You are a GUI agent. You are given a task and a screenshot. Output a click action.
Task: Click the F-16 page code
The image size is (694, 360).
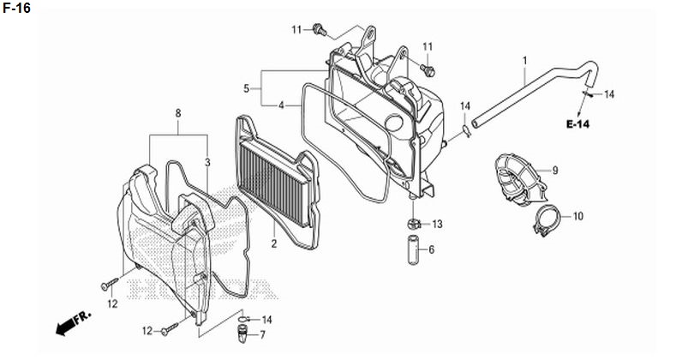16,8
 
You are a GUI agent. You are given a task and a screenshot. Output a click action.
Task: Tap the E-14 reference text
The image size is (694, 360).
577,124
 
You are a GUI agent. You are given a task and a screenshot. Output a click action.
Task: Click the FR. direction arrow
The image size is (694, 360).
73,322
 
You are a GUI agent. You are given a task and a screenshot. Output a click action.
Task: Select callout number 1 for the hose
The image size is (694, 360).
525,61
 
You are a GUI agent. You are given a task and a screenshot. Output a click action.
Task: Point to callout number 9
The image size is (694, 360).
555,171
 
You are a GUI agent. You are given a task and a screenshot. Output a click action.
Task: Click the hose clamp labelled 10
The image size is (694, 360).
547,220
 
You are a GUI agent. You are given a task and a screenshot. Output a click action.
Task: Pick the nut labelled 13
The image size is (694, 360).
413,224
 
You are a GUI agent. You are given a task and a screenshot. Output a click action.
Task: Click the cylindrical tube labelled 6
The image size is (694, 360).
413,250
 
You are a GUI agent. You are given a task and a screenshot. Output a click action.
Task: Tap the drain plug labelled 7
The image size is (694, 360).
242,334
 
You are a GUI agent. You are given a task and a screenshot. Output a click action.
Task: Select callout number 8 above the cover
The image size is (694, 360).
178,113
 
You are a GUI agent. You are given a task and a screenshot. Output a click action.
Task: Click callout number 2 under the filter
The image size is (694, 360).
274,243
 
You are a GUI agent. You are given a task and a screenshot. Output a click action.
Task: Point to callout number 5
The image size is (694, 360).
246,88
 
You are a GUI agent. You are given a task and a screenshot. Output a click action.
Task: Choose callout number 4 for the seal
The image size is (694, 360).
281,105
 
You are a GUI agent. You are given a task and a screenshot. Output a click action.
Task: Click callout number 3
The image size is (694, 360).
207,163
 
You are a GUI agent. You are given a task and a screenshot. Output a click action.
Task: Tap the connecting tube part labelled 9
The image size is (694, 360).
519,179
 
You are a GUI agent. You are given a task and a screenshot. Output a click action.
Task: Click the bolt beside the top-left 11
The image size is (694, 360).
319,30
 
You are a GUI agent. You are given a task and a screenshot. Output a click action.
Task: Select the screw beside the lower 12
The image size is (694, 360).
170,329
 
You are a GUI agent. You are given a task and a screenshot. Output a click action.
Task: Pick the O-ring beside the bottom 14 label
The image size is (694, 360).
243,319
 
